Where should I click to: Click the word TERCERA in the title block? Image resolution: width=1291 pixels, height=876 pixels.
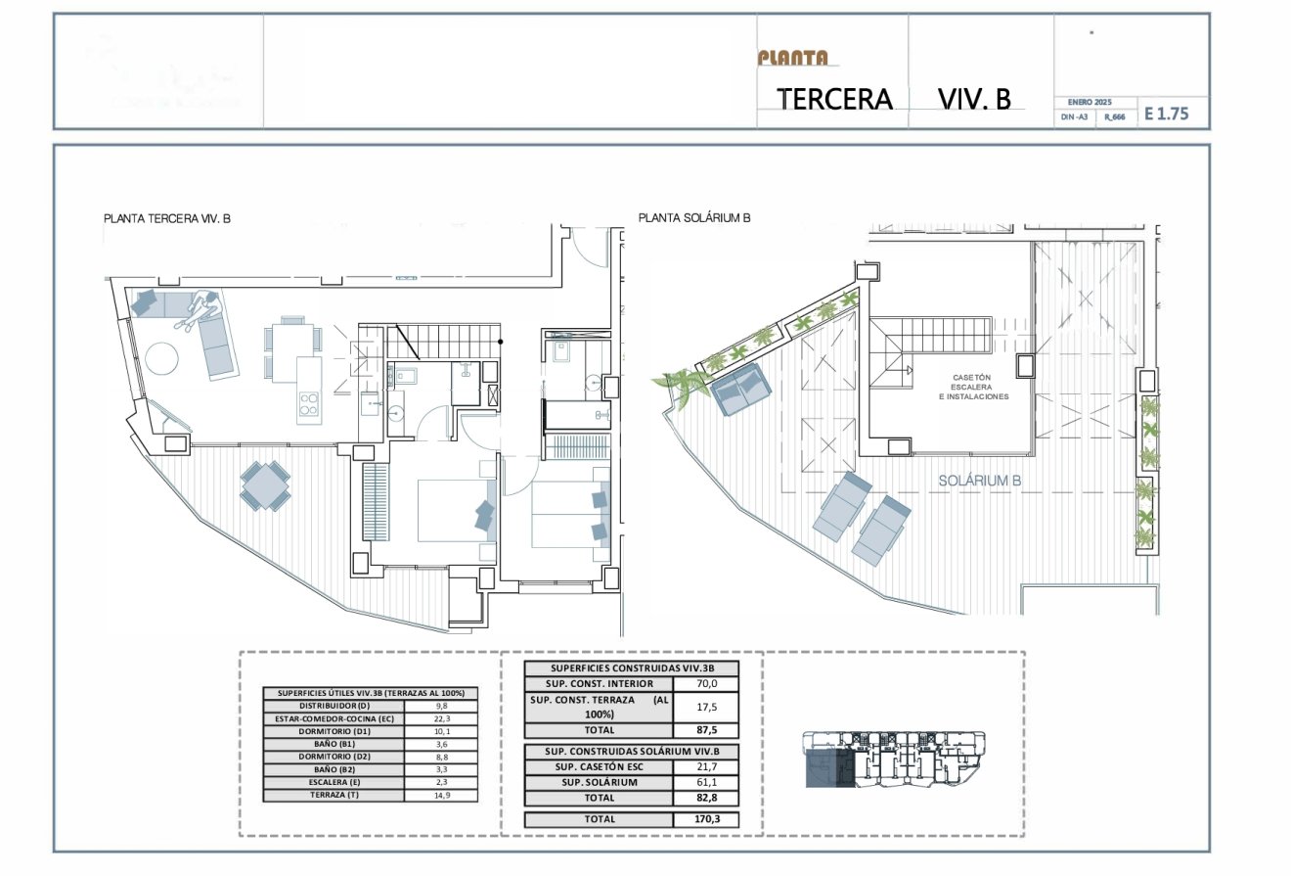pyautogui.click(x=834, y=99)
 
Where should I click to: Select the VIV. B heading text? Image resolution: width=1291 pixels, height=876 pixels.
pyautogui.click(x=973, y=99)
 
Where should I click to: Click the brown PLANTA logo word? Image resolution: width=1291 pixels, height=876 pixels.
pyautogui.click(x=792, y=58)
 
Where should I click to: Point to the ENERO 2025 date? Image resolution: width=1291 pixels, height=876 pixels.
pyautogui.click(x=1090, y=102)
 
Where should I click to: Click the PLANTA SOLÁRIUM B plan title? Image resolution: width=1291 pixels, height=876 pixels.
pyautogui.click(x=694, y=218)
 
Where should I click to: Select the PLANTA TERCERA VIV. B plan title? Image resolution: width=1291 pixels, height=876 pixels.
pyautogui.click(x=167, y=219)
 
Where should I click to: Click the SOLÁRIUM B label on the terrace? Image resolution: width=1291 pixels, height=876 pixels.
pyautogui.click(x=980, y=481)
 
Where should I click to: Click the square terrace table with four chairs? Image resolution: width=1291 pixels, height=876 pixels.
pyautogui.click(x=265, y=485)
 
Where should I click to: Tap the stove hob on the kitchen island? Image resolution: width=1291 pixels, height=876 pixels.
pyautogui.click(x=309, y=404)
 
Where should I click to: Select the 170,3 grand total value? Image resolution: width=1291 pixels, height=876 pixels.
pyautogui.click(x=705, y=819)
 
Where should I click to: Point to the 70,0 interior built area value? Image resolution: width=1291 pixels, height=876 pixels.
pyautogui.click(x=705, y=684)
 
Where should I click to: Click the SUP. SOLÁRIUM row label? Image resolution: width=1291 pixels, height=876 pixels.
pyautogui.click(x=599, y=782)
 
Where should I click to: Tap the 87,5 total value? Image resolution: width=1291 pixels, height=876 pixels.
pyautogui.click(x=705, y=729)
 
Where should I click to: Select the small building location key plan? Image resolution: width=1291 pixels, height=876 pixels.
pyautogui.click(x=894, y=759)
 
